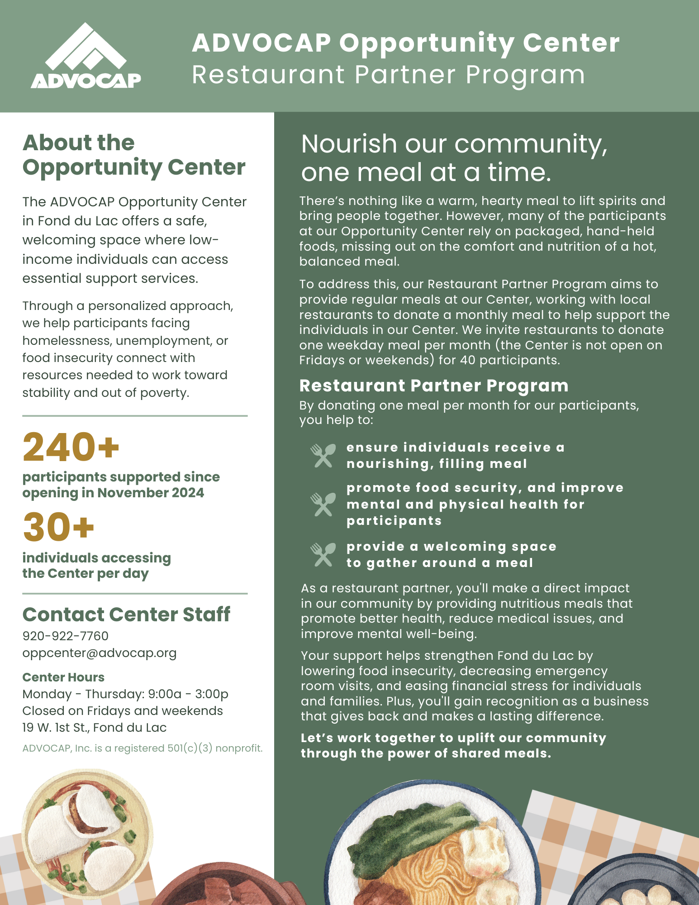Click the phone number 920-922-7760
[x=66, y=636]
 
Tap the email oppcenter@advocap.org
[x=100, y=653]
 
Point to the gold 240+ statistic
[x=71, y=447]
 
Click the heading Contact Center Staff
[x=126, y=614]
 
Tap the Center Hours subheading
[x=63, y=677]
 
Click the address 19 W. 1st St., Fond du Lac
[x=95, y=727]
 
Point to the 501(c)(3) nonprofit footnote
[x=143, y=748]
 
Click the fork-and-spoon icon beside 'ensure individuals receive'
[x=323, y=455]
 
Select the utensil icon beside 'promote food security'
[x=323, y=504]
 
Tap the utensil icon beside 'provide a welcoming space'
[x=323, y=554]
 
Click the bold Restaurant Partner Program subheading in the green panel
[x=434, y=386]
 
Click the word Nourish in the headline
[x=349, y=144]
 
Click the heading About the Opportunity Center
[x=134, y=155]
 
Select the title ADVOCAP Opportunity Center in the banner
[x=405, y=43]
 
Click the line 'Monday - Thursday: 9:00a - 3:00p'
[x=125, y=694]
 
